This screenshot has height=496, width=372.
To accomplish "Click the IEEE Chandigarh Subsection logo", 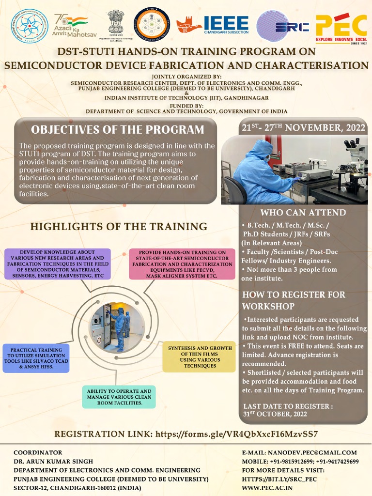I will [x=213, y=24].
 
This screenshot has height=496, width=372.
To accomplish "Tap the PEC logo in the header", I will [x=341, y=28].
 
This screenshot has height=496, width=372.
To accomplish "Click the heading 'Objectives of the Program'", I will [x=117, y=130].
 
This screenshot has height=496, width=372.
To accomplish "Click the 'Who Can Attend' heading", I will [x=303, y=213].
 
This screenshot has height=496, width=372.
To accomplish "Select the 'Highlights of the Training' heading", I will [x=119, y=226].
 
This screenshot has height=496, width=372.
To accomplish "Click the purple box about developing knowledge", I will [x=58, y=264].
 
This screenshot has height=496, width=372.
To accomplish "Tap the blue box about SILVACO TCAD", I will [x=36, y=358].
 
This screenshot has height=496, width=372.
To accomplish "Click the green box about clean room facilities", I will [x=119, y=397].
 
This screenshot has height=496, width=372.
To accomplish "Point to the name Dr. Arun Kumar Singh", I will [x=53, y=461].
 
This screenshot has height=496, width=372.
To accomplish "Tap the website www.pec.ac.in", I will [x=267, y=488].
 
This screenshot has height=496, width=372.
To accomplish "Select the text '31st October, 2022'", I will [x=275, y=414].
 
